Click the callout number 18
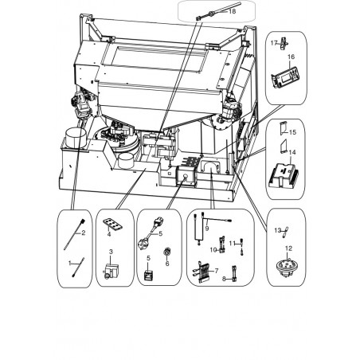pos(232,11)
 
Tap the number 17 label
pos(274,43)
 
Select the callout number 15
pos(292,132)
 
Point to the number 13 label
pos(277,230)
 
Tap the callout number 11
pos(232,243)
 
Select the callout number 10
pos(213,250)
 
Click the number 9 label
pos(207,228)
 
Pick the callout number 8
pos(224,279)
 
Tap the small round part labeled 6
pos(167,251)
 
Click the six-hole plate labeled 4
pos(112,224)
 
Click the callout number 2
pos(83,233)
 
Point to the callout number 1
pos(70,263)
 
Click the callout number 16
pos(291,57)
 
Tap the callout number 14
pos(292,152)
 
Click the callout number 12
pos(288,248)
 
